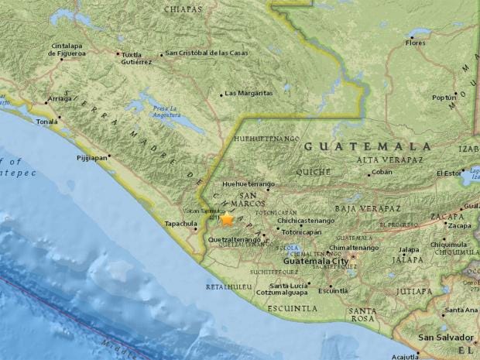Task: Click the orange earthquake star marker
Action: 227,219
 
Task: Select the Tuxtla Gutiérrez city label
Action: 134,58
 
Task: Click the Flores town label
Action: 416,43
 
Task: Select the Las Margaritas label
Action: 249,93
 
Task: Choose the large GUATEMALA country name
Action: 367,146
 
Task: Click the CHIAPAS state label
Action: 183,9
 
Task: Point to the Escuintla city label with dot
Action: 333,290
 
